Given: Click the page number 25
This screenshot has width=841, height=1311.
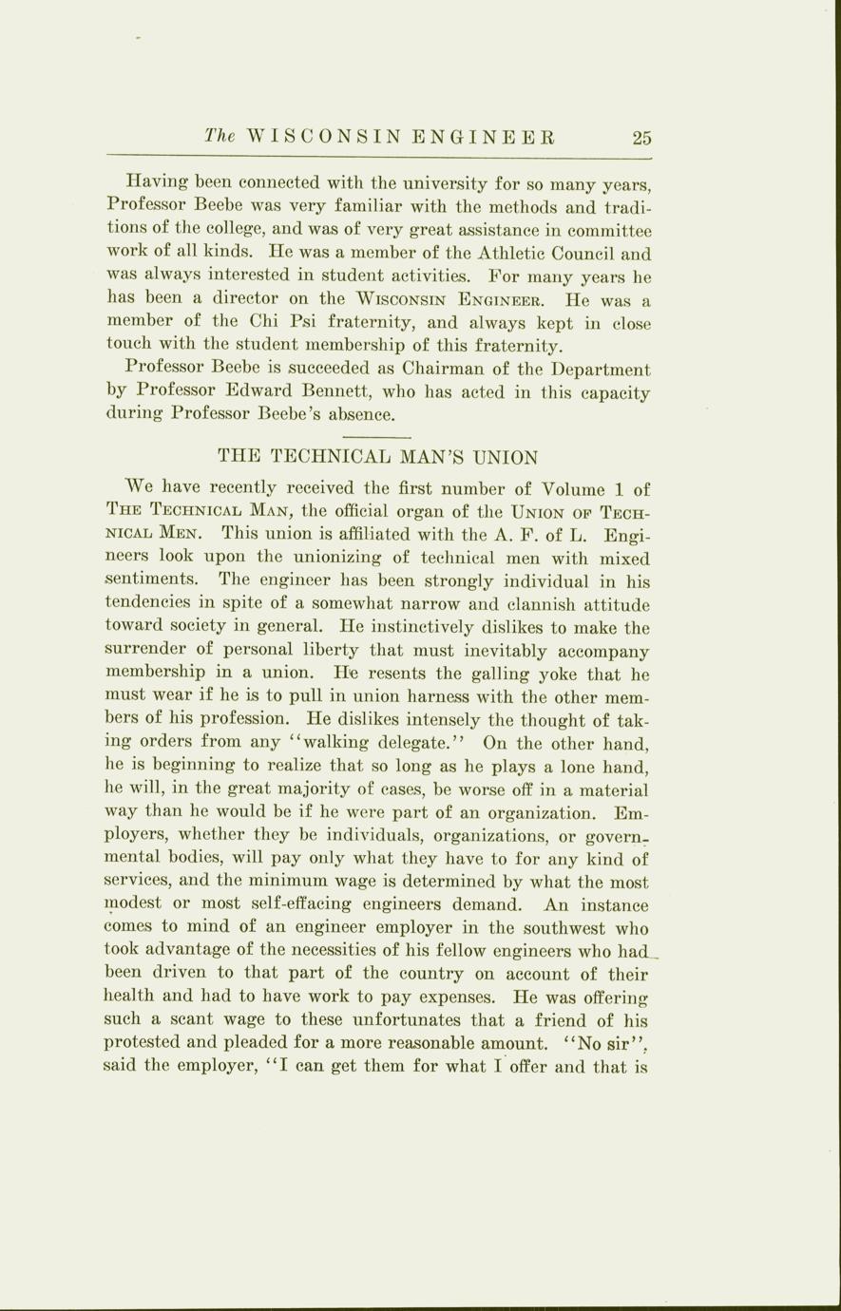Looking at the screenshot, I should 642,137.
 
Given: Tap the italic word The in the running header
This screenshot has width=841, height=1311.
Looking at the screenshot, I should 220,136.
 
